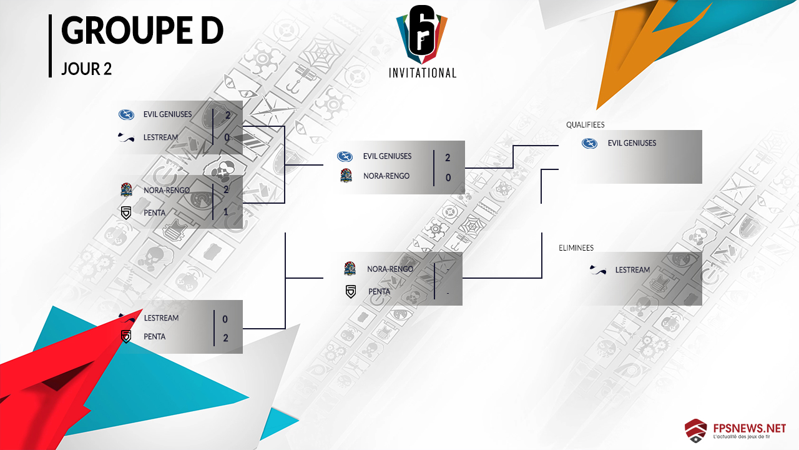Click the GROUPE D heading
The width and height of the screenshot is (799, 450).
(142, 31)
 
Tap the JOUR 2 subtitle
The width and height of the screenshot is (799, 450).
(86, 69)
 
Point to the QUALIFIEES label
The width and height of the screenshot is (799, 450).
(585, 125)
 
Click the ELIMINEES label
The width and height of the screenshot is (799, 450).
(576, 248)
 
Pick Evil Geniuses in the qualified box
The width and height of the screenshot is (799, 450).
(632, 143)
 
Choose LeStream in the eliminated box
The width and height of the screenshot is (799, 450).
(632, 270)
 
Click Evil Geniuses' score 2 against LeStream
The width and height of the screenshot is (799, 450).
(228, 115)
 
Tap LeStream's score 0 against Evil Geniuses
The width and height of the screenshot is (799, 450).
(228, 137)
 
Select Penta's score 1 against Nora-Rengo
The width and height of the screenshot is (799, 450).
(225, 212)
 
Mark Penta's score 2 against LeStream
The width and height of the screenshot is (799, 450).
(225, 337)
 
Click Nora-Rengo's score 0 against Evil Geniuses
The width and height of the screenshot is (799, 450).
(448, 177)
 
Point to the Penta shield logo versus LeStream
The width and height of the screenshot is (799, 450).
(126, 336)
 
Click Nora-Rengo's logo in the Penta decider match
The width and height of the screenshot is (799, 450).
(350, 269)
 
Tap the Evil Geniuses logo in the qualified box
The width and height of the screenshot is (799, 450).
(589, 143)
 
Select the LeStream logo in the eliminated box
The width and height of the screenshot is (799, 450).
(598, 270)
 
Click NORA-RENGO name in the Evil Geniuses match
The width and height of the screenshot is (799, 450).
(386, 176)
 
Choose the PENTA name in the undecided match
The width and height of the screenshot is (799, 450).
(379, 291)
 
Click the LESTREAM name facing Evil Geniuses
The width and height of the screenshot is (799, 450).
(160, 137)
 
